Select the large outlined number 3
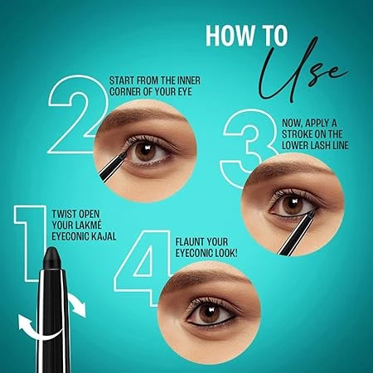coord(249,148)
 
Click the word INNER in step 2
coord(188,80)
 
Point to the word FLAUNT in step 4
coord(187,242)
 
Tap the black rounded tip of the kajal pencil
coord(52,258)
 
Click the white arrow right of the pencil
coord(77,305)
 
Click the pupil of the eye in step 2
coord(146,151)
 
